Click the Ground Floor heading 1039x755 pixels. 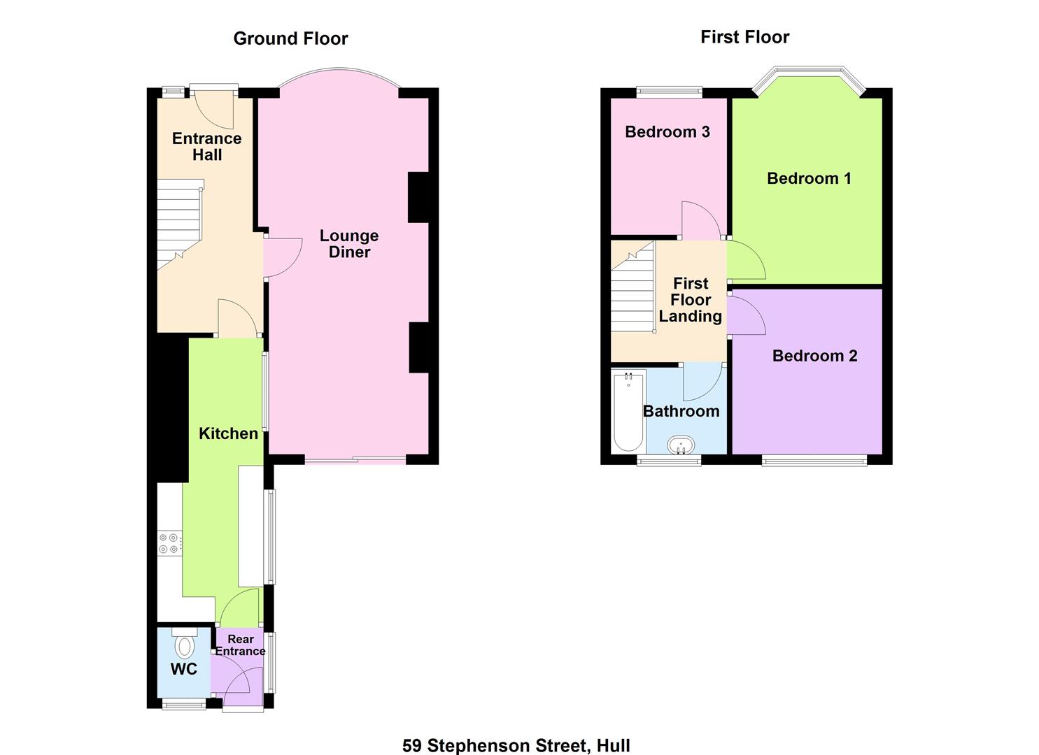coord(290,38)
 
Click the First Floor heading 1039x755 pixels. coord(744,37)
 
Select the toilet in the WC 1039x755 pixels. coord(185,642)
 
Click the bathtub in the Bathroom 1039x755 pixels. coord(628,412)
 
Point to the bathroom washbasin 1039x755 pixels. coord(681,445)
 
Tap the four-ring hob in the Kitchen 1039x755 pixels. coord(169,544)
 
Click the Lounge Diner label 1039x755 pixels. coord(349,244)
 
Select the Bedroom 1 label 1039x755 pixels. coord(809,178)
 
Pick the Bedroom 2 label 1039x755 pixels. coord(814,356)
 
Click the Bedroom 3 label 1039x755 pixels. coord(667,131)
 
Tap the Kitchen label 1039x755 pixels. coord(228,433)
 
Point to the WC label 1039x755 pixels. coord(184,669)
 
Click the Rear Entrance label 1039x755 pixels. coord(240,645)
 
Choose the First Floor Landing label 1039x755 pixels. coord(690,299)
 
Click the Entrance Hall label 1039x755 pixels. coord(207,147)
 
